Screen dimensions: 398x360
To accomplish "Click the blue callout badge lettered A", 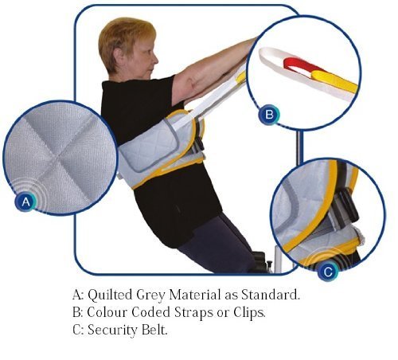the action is click(x=25, y=202).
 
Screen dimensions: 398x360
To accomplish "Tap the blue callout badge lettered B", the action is click(x=269, y=115).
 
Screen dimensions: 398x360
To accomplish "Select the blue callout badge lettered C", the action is click(x=328, y=272).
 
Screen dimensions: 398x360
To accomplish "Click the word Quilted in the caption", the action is click(x=110, y=295).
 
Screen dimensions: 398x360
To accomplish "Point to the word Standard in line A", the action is click(x=271, y=295).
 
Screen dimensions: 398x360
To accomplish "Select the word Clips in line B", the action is click(x=249, y=313).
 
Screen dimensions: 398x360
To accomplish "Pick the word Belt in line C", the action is click(x=154, y=330).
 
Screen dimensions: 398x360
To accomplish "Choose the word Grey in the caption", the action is click(x=150, y=295).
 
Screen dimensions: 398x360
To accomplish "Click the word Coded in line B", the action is click(x=150, y=312).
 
